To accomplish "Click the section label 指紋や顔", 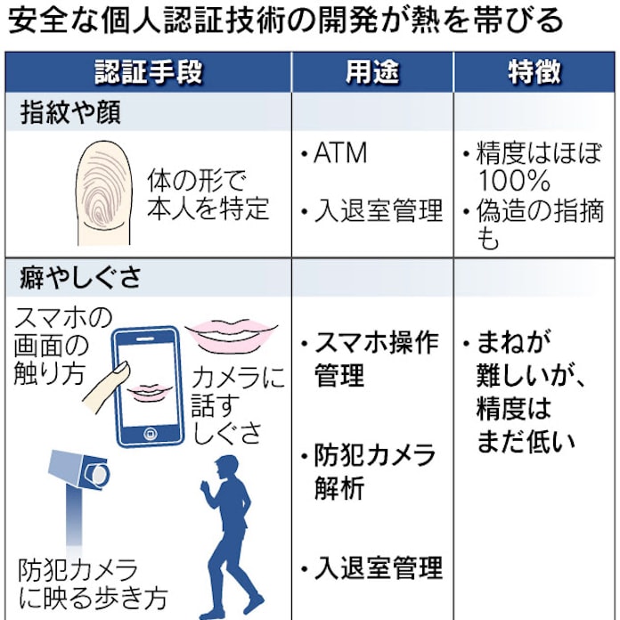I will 70,113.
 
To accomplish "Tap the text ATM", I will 339,153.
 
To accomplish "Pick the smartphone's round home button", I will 149,433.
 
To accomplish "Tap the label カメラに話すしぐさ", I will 239,405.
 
